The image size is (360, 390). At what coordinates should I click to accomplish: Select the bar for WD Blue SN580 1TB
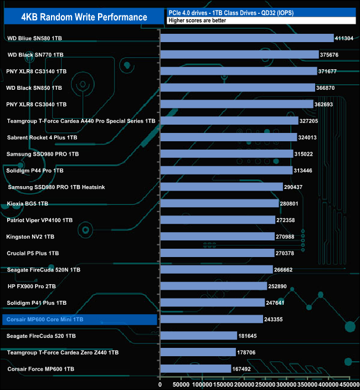(x=247, y=38)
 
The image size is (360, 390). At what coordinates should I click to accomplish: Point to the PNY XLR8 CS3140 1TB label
(x=37, y=71)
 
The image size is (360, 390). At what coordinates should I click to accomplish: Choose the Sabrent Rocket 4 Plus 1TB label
(x=42, y=137)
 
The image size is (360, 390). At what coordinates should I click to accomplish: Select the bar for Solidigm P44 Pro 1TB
(x=226, y=170)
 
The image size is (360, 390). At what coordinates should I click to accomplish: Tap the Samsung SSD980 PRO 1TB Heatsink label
(x=57, y=187)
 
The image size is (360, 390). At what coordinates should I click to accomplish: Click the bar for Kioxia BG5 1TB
(x=219, y=203)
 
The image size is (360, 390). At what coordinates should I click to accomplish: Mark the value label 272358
(x=288, y=220)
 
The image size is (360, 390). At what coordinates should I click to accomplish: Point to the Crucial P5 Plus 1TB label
(x=33, y=253)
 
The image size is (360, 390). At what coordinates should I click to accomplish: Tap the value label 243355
(x=275, y=319)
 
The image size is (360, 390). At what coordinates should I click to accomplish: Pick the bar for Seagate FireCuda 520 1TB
(x=199, y=336)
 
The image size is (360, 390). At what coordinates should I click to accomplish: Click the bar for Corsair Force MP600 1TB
(x=196, y=368)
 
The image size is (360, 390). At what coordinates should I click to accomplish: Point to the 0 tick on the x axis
(x=160, y=383)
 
